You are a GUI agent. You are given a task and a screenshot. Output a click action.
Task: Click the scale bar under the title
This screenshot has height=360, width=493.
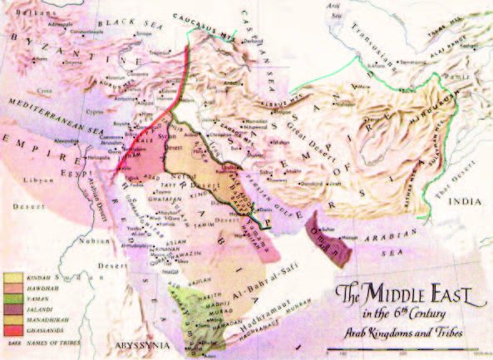click(416, 352)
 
